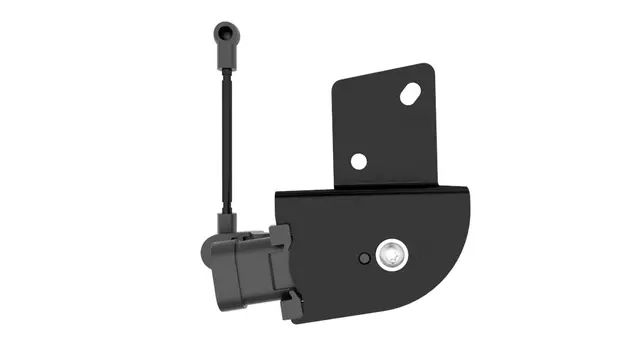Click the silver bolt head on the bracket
pos(392,257)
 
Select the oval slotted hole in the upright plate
pos(409,95)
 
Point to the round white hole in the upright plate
pos(357,161)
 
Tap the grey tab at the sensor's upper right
pos(280,238)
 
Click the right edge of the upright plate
pos(436,130)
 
